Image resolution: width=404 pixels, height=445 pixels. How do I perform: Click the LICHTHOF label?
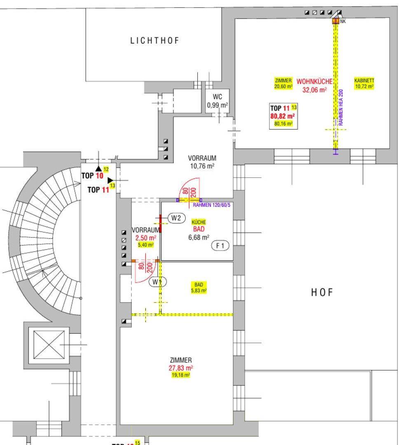(155, 40)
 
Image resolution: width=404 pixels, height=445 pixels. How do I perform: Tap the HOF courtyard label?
(322, 293)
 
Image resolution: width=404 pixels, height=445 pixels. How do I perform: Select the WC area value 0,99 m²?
(217, 105)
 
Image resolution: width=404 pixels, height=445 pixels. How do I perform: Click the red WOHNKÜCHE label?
(314, 82)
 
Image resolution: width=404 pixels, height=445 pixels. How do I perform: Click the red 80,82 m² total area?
(283, 116)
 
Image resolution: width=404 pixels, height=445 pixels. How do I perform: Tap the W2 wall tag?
(176, 218)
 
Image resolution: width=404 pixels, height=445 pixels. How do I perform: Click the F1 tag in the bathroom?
(220, 246)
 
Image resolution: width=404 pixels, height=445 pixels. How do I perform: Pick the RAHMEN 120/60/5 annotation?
(211, 205)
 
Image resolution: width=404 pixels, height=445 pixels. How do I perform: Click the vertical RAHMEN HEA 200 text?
(341, 107)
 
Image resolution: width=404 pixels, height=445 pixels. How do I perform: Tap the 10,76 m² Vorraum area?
(202, 166)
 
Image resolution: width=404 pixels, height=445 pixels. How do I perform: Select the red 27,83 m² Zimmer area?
(181, 368)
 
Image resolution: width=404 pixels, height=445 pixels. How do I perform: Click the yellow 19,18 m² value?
(181, 375)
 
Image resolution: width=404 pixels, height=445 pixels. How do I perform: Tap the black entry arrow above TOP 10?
(98, 168)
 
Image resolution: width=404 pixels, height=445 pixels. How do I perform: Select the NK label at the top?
(343, 21)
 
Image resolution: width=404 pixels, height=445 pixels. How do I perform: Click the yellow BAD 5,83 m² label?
(199, 288)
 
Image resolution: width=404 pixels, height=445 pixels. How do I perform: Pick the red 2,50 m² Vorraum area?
(146, 238)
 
